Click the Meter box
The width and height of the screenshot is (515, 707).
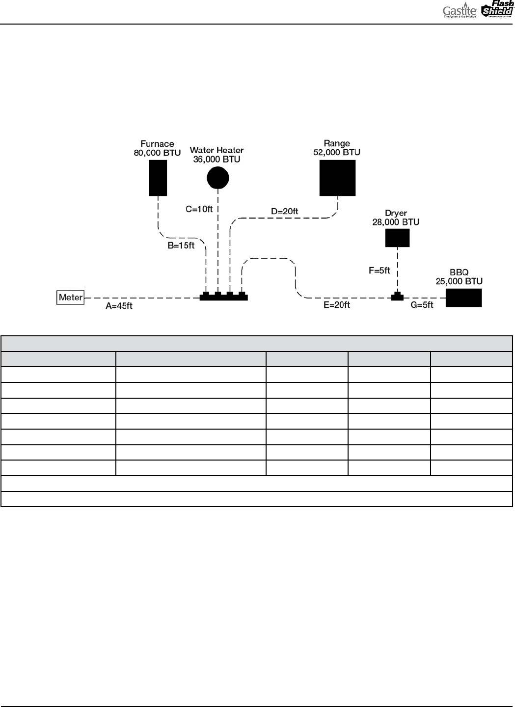pos(71,298)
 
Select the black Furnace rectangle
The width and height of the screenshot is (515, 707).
pos(158,178)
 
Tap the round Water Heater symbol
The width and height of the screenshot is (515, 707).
pos(218,177)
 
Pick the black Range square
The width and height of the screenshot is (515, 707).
pos(337,178)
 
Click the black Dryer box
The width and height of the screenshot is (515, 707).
pos(397,238)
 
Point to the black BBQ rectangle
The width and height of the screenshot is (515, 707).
pos(463,298)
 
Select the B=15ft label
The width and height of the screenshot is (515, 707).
pos(181,246)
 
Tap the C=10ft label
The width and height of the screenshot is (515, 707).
pos(199,209)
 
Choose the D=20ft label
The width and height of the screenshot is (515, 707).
pos(285,212)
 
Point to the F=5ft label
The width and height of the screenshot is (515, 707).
pos(379,270)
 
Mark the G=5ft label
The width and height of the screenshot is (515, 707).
pos(422,305)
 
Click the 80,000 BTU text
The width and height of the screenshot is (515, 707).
pos(158,153)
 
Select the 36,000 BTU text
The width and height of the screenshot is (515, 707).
pos(217,159)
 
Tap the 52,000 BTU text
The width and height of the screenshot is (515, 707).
pos(337,152)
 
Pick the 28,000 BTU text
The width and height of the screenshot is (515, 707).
pos(396,222)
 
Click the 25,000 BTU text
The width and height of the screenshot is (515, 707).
pos(459,281)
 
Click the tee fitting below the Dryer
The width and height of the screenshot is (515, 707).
pos(397,297)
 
